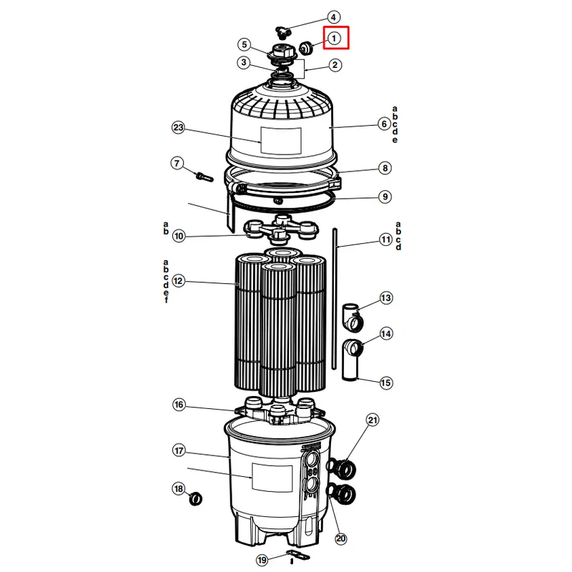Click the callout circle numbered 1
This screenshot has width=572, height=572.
pos(334,38)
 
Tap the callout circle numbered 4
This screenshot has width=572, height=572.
pos(333,17)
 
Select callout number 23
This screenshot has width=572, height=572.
pos(178,128)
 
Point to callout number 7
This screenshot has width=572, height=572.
pos(177,163)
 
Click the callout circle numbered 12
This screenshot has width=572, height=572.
pos(177,281)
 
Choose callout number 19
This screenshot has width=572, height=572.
pos(262,560)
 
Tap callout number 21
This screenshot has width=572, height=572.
pos(372,420)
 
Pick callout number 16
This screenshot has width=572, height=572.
pos(178,405)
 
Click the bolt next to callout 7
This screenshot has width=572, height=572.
pos(204,177)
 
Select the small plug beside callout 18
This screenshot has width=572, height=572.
pos(195,498)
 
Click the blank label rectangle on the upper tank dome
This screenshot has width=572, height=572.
pos(281,140)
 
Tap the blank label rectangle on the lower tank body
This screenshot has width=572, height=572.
pos(272,478)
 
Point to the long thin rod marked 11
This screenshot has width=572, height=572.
pos(334,299)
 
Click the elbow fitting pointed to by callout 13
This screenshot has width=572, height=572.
pos(352,317)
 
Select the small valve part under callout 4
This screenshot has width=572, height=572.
pos(282,32)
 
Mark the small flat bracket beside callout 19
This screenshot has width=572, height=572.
pos(299,556)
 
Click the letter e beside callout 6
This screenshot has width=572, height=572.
pos(395,140)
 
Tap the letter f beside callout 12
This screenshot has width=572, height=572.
pos(167,300)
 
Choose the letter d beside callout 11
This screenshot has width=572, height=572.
pos(398,247)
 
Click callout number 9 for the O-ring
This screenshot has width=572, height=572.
pos(385,197)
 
